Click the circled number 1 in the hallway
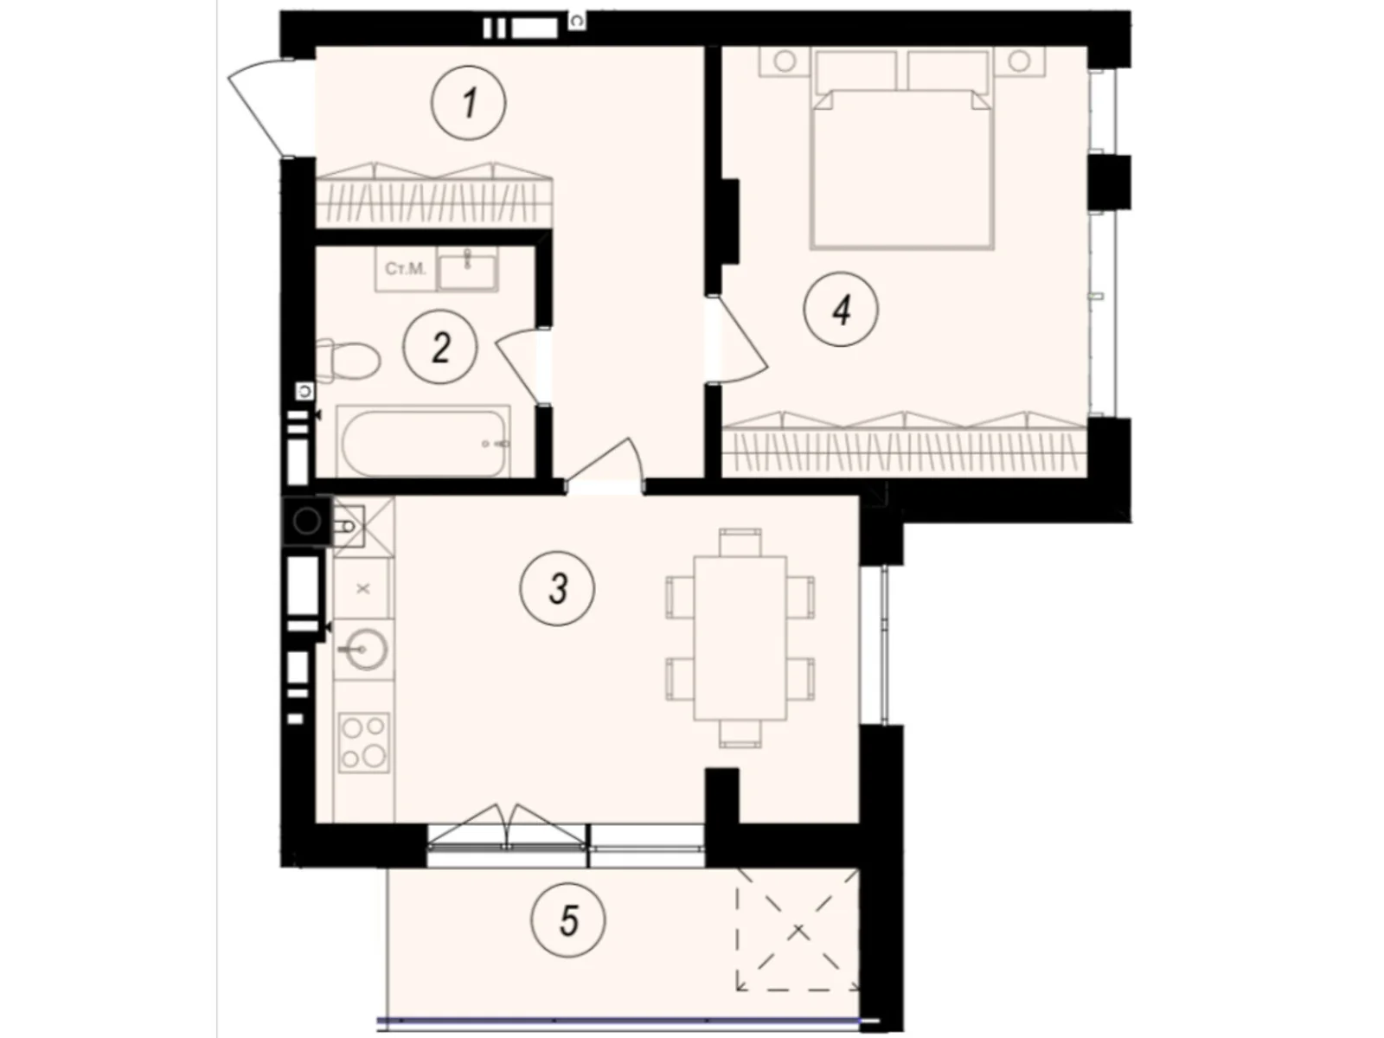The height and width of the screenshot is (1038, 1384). (468, 103)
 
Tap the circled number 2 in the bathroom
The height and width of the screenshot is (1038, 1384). (440, 347)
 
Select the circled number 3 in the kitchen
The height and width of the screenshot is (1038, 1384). (557, 589)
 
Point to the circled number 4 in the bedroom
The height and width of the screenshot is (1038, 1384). (841, 309)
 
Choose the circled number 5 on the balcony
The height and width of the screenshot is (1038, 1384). (568, 920)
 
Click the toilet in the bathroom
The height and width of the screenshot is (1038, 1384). (348, 362)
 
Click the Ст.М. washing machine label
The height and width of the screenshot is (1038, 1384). (406, 269)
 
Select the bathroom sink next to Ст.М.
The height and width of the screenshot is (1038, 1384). (467, 269)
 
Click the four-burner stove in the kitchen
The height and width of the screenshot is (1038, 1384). (364, 743)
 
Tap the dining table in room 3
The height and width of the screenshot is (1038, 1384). (740, 638)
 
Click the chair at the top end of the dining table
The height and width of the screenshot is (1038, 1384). (740, 542)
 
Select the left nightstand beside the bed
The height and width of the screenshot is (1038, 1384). (784, 61)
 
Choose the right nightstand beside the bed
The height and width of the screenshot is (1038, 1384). (1020, 61)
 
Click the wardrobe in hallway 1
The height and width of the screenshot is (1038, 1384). (434, 195)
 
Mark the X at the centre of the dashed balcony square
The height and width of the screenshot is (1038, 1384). (798, 931)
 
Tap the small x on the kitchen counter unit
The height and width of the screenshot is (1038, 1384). (362, 589)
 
